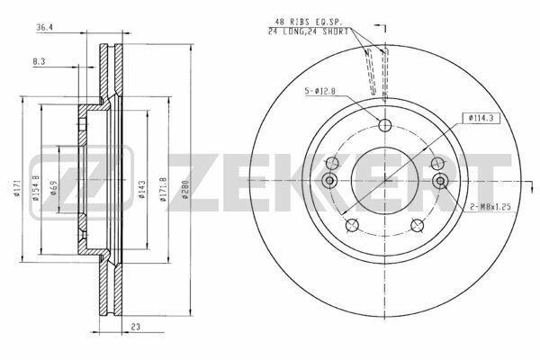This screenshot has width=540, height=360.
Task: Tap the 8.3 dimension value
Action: point(39,62)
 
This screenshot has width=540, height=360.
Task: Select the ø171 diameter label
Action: point(16,188)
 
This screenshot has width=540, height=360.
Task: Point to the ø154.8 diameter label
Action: point(36,188)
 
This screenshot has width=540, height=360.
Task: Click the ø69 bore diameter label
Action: point(53,188)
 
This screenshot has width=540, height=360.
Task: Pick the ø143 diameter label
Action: point(142,190)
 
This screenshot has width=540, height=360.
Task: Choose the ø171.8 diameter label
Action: point(163,190)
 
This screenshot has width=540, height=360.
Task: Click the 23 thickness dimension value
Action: point(136,327)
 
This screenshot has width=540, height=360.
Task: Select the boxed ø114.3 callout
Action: point(481,118)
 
